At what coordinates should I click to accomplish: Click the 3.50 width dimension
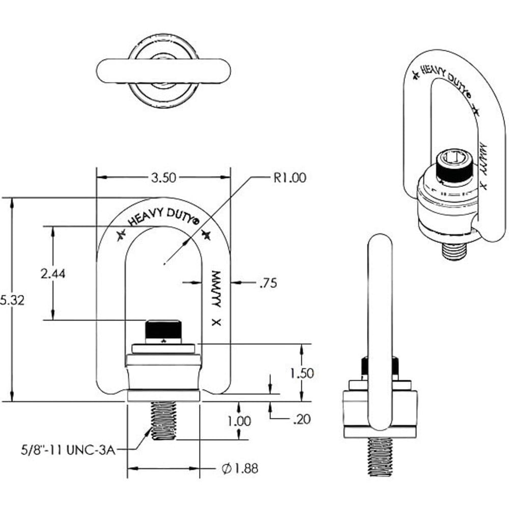pos(163,178)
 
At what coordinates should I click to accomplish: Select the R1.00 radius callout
pos(290,178)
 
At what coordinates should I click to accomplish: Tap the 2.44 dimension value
pos(53,274)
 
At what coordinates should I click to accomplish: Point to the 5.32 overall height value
pos(12,300)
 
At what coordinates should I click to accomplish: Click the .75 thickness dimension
pos(268,284)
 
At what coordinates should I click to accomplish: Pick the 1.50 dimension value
pos(302,373)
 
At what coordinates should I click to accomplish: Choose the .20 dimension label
pos(301,419)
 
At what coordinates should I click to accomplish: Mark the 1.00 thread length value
pos(239,421)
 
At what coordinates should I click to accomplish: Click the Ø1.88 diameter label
pos(240,468)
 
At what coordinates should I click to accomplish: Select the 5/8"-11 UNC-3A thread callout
pos(68,450)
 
